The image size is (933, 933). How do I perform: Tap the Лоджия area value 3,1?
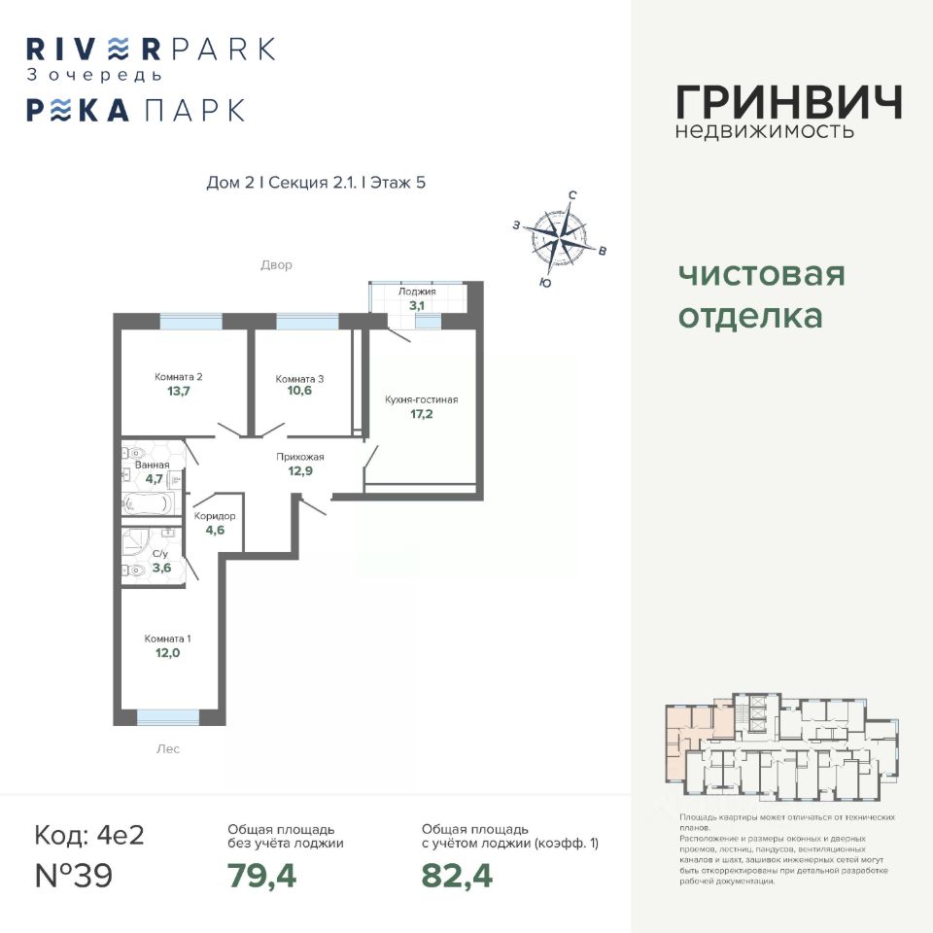(x=417, y=305)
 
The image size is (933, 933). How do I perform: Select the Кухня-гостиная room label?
(x=421, y=399)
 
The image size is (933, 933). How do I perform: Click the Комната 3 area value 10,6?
(x=298, y=396)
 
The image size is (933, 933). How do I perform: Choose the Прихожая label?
(x=298, y=457)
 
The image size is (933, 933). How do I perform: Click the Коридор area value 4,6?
(x=215, y=531)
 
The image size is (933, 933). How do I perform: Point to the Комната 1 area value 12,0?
(x=167, y=654)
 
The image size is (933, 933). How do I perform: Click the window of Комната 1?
(x=167, y=717)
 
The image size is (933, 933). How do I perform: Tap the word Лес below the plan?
(x=167, y=749)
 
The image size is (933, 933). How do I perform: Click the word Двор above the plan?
(x=276, y=264)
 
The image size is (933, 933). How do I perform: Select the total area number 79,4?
(x=261, y=876)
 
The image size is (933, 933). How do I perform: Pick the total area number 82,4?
(x=457, y=876)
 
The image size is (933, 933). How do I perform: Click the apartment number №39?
(x=74, y=876)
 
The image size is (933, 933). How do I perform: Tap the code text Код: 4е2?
(x=88, y=835)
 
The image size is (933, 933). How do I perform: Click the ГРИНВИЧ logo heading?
(x=788, y=101)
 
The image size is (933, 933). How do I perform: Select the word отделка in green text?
(x=749, y=317)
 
